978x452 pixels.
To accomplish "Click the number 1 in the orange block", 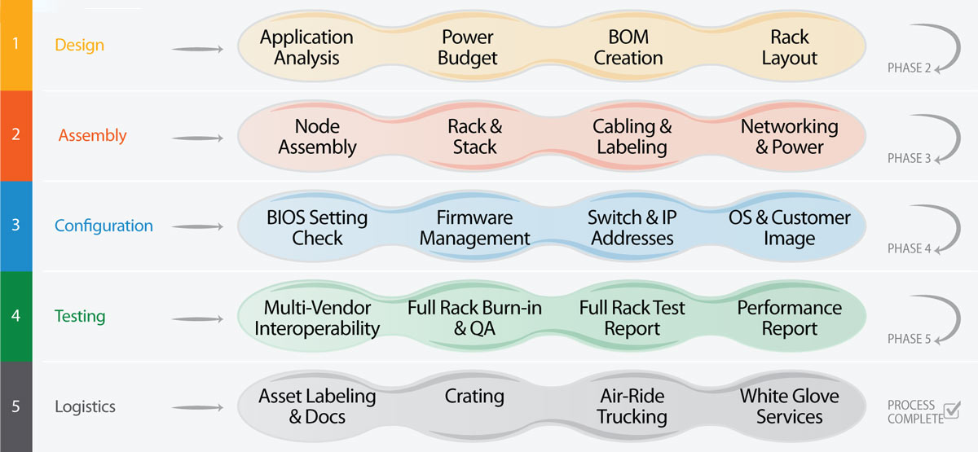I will tap(15, 44).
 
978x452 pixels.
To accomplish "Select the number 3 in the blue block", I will tap(15, 225).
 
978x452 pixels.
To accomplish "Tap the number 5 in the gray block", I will tap(15, 406).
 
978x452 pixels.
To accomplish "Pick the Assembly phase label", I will tap(92, 135).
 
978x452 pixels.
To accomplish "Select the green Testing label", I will tap(79, 316).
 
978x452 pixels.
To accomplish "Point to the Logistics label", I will tap(85, 406).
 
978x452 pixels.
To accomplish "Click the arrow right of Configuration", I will tap(197, 227).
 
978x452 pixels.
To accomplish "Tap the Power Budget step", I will tap(468, 48).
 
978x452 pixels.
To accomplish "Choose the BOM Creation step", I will tap(628, 48).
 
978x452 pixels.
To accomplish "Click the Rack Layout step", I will tap(789, 48).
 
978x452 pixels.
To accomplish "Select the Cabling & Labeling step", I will tap(632, 137).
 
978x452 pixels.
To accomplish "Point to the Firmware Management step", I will tap(474, 228).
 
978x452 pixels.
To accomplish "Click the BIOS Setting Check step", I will tap(317, 228).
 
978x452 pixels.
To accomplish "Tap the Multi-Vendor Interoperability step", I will tap(317, 318).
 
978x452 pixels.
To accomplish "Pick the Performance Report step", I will tap(789, 318).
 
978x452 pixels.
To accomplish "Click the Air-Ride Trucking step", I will tap(632, 406).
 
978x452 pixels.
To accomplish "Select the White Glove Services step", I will tap(789, 406).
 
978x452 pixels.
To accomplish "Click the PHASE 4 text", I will tap(909, 248).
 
